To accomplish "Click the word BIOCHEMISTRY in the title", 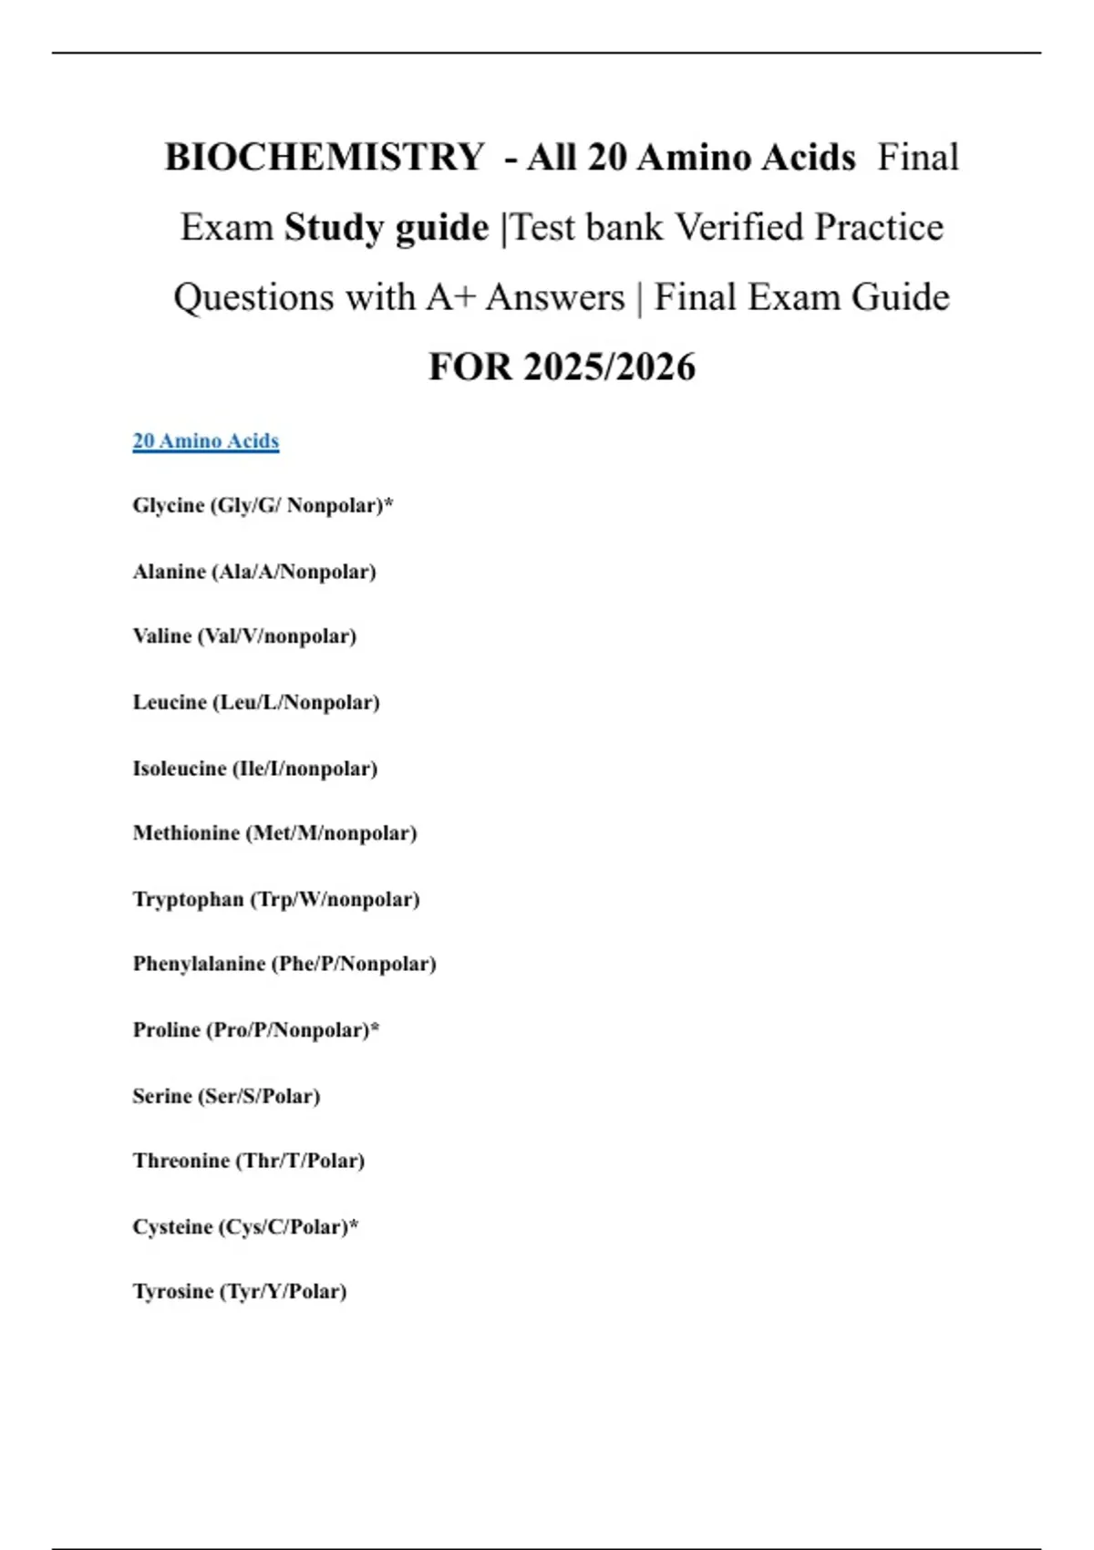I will tap(325, 157).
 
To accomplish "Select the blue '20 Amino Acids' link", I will tap(206, 441).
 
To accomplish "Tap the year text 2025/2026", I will tap(609, 367).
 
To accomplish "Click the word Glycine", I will tap(169, 505).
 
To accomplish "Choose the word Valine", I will tap(162, 635).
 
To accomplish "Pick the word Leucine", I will tap(170, 702).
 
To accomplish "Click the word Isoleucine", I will tap(180, 769).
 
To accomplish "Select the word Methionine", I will tap(186, 832).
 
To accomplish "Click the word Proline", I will tap(167, 1029).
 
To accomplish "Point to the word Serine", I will tap(162, 1096).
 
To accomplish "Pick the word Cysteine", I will tap(172, 1227).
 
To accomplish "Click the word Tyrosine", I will tap(173, 1292).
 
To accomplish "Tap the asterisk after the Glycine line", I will tap(388, 502).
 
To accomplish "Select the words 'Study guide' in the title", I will tap(387, 227).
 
